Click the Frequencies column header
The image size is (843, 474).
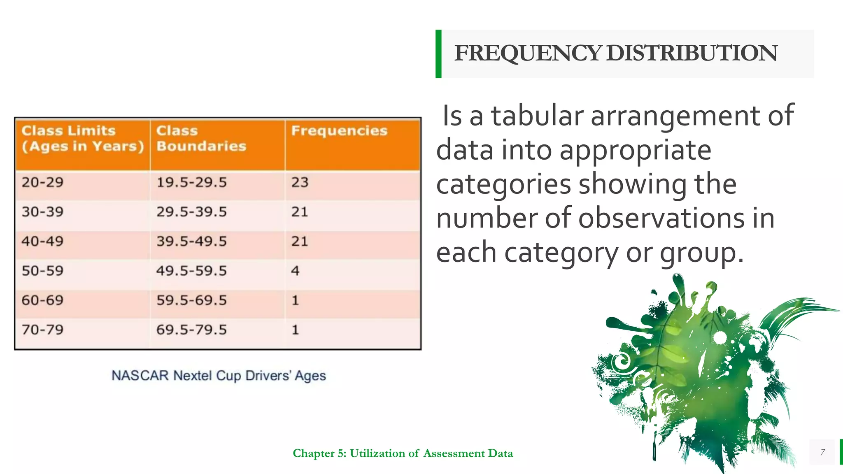point(339,131)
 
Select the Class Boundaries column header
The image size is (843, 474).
point(201,138)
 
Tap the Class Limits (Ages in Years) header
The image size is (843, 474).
point(83,138)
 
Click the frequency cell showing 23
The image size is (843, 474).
point(300,182)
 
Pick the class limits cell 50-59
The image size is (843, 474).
point(43,271)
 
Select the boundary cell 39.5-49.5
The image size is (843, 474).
point(191,241)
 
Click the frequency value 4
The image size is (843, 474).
point(295,271)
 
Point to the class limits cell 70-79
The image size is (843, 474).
point(43,330)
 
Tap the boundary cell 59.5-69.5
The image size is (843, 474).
point(191,300)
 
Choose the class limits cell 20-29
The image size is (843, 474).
point(43,182)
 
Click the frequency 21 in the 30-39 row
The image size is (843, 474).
point(300,212)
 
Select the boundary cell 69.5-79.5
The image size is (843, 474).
point(191,330)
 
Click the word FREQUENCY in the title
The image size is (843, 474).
point(528,53)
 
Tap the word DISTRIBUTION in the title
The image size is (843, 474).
point(692,53)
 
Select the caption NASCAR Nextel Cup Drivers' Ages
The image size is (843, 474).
point(219,376)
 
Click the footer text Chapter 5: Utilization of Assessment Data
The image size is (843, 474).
point(403,453)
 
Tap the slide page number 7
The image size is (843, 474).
point(822,452)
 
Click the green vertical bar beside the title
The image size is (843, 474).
point(438,53)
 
